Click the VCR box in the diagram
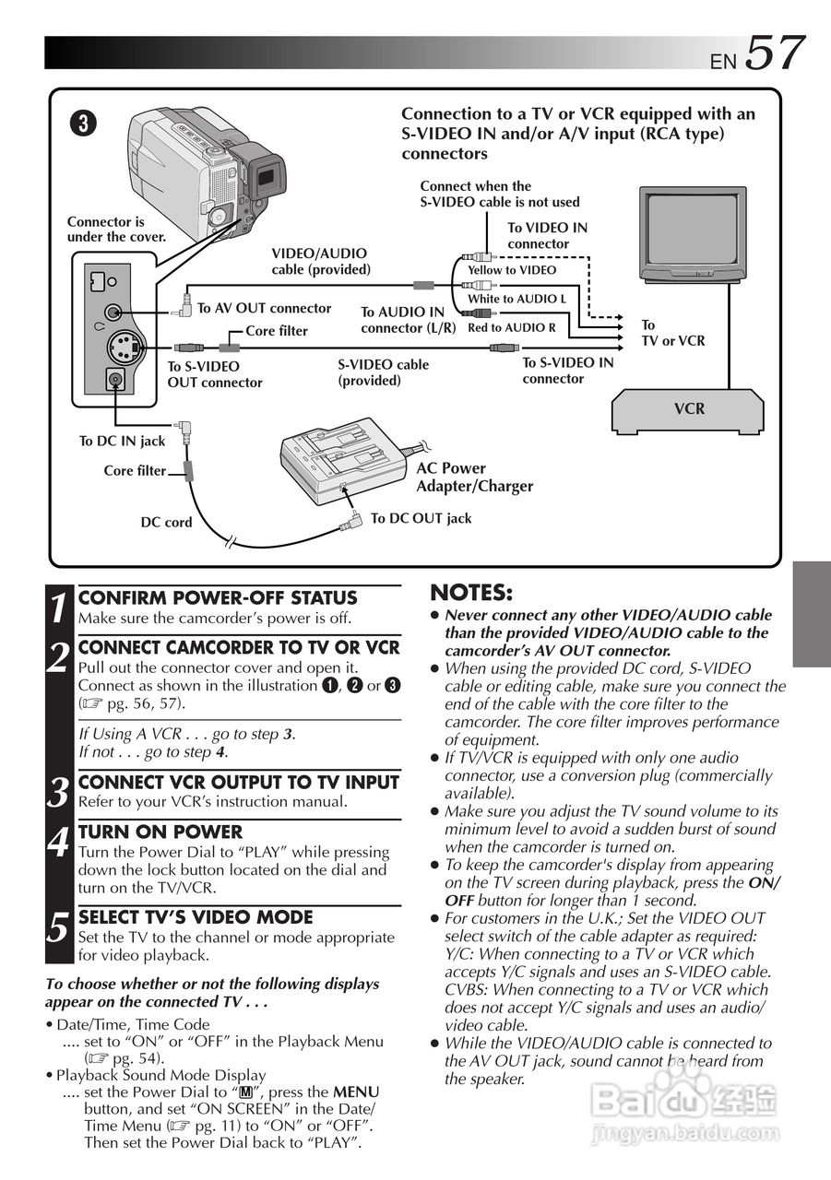(688, 409)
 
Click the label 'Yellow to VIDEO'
(512, 270)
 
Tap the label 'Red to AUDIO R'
(512, 327)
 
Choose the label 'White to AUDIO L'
(516, 299)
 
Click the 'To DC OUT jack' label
(421, 518)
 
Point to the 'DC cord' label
(166, 522)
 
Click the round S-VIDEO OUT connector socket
(120, 348)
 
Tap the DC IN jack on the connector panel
(115, 379)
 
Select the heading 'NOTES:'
(470, 592)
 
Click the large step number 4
(59, 843)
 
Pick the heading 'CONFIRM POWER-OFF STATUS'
(218, 598)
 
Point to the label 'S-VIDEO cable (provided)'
(383, 372)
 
